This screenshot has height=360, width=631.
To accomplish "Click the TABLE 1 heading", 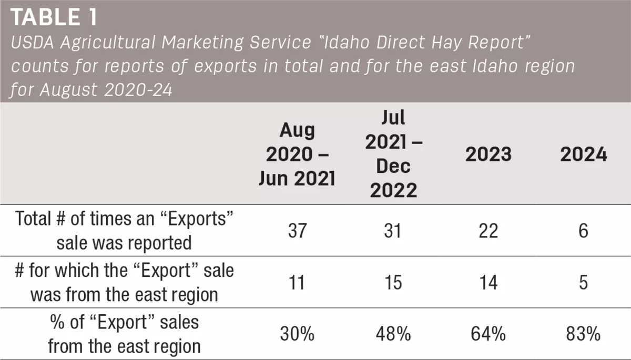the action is click(x=54, y=17).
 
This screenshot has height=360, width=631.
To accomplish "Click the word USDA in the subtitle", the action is click(x=33, y=43).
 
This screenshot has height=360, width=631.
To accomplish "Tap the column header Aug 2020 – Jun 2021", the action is click(x=297, y=154).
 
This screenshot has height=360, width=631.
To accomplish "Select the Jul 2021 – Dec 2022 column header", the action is click(x=393, y=153).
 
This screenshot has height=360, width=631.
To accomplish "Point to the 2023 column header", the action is click(x=488, y=154).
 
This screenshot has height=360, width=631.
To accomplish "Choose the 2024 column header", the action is click(x=583, y=154).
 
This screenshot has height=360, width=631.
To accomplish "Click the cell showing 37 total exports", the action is click(x=297, y=231).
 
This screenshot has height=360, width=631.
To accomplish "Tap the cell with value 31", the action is click(x=393, y=231).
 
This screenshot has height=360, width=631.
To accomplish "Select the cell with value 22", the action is click(x=488, y=231).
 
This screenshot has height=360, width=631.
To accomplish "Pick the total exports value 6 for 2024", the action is click(x=583, y=231).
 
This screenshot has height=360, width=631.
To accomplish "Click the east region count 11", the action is click(x=297, y=282).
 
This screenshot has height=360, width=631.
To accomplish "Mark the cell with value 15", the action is click(x=393, y=282).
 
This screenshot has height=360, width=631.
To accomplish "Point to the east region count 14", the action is click(x=488, y=282).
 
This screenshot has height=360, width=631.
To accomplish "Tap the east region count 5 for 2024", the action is click(x=583, y=282).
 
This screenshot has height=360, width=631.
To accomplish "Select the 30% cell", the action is click(x=297, y=334).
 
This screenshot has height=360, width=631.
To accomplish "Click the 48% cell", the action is click(x=393, y=334).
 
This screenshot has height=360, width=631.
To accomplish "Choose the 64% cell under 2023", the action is click(x=488, y=334).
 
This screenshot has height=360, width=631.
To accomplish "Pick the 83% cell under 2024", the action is click(x=583, y=334).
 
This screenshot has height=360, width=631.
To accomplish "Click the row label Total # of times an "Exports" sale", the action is click(x=124, y=219).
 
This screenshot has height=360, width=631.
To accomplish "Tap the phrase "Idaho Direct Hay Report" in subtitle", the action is click(x=428, y=43).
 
